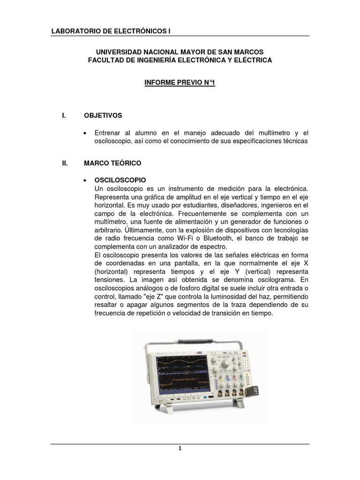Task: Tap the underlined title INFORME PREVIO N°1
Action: (x=180, y=83)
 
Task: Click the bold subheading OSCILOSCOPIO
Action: (x=120, y=180)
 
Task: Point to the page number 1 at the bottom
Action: (x=180, y=448)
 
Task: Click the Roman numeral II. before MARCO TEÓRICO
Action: (x=65, y=163)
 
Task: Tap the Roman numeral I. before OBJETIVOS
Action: (x=64, y=115)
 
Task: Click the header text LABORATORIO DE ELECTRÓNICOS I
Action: (x=111, y=31)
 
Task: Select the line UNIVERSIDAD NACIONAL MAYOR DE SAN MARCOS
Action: (x=180, y=52)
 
